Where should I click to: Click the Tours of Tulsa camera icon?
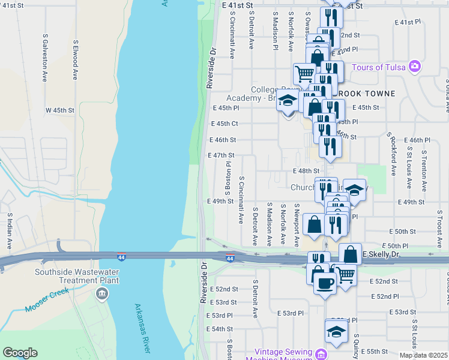[414, 67]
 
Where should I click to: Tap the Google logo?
[20, 353]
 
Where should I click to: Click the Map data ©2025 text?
[423, 355]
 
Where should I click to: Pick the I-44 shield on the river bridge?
[121, 257]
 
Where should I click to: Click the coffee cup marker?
[325, 281]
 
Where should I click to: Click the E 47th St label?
[225, 155]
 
